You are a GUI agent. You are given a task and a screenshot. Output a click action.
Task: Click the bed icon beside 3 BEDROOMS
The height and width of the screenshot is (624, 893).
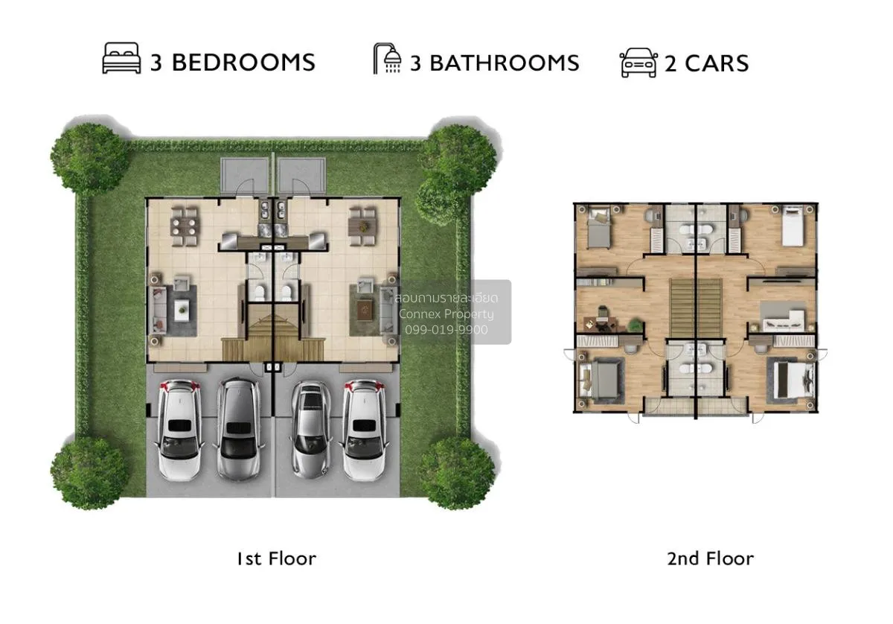pos(121,60)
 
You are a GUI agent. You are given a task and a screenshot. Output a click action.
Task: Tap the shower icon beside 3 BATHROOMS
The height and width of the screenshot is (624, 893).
pos(387,60)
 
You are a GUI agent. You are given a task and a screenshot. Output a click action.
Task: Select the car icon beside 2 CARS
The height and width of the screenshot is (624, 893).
pos(638,63)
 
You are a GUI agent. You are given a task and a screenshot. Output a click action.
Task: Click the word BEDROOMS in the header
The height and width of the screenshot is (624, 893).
pos(243,63)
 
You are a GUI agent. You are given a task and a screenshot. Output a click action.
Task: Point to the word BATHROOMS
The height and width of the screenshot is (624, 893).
pos(504,63)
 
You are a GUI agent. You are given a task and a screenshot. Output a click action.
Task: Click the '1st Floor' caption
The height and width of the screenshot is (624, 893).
pos(276,558)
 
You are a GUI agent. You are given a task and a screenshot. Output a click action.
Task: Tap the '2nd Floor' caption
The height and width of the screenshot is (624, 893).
pos(710,558)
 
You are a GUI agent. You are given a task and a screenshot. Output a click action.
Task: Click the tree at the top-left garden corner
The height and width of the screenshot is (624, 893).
pos(89,159)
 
